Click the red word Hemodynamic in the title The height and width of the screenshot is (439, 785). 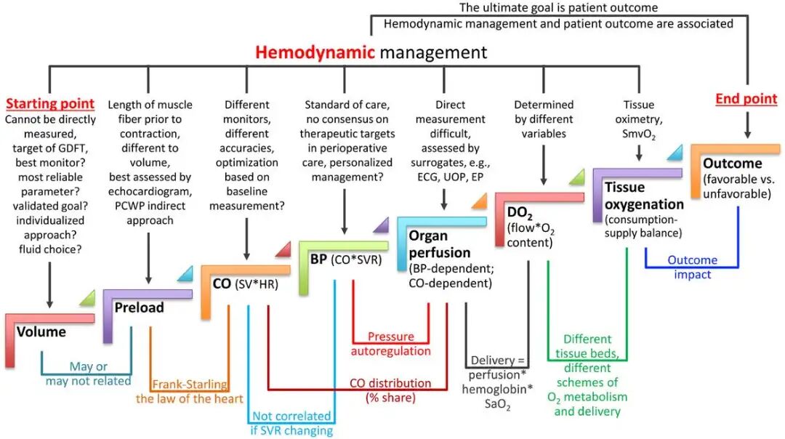(315, 52)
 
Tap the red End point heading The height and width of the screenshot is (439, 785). (746, 99)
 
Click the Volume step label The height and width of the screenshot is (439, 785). (41, 332)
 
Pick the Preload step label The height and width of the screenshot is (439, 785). (140, 307)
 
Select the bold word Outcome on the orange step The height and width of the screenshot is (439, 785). (733, 164)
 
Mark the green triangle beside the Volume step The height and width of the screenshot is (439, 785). (86, 297)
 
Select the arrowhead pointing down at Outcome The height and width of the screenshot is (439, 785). (746, 133)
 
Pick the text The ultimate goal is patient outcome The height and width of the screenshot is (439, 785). (558, 8)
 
